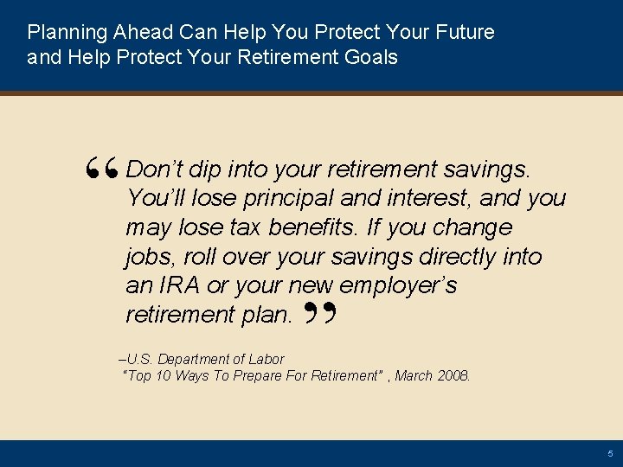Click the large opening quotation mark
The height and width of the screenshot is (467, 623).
[x=104, y=173]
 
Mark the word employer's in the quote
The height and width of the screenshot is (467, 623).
[x=398, y=286]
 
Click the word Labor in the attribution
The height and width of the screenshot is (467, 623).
[x=267, y=359]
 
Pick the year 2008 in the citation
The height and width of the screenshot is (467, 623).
[x=454, y=376]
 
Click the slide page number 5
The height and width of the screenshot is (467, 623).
[x=610, y=453]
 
